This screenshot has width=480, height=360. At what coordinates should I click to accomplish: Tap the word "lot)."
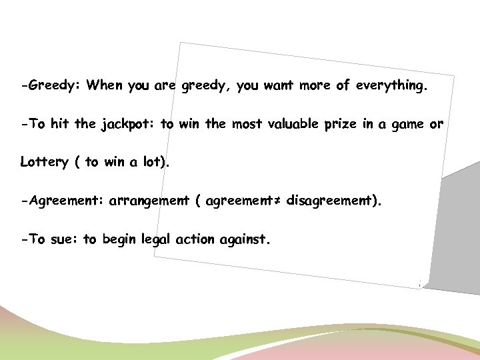tap(154, 162)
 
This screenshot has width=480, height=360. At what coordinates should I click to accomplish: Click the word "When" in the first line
tap(104, 85)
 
